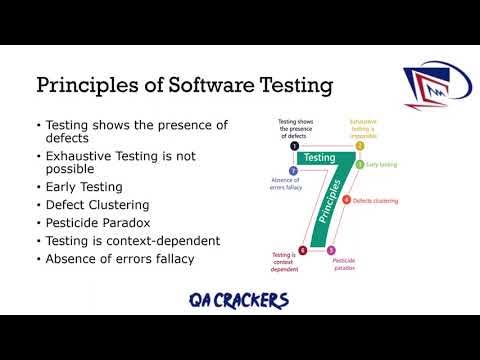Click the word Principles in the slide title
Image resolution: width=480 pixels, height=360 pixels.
click(80, 86)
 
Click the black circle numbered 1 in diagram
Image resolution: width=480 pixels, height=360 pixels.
click(295, 145)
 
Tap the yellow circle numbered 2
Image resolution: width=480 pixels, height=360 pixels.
click(361, 145)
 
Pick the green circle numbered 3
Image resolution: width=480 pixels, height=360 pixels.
click(361, 164)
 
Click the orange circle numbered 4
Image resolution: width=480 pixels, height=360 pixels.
click(346, 200)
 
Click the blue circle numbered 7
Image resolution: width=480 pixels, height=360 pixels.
click(293, 170)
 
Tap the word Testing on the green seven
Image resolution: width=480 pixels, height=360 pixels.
click(319, 157)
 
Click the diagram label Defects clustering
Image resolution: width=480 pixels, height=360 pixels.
click(375, 200)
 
